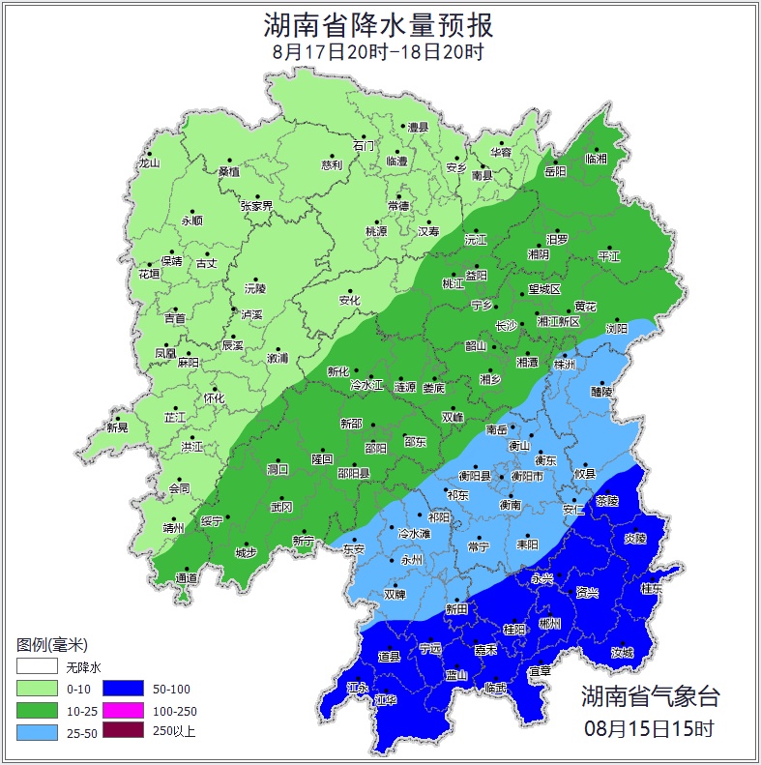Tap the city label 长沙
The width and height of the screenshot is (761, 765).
tap(506, 326)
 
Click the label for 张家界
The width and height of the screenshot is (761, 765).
tap(256, 206)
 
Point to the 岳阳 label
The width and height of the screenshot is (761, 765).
tap(555, 171)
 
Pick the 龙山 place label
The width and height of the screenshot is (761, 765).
tap(148, 162)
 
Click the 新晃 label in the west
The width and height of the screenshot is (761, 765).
tap(117, 427)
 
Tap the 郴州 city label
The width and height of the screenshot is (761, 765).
tap(549, 624)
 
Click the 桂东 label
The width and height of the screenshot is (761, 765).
tap(652, 588)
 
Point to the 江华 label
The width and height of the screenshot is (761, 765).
tap(386, 698)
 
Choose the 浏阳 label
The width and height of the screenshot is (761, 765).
tap(616, 329)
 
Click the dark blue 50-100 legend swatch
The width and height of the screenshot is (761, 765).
tap(123, 689)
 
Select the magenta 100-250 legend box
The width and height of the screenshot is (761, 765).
tap(123, 710)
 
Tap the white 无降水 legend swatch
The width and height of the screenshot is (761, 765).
tap(36, 667)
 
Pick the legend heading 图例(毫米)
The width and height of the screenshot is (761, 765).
tap(52, 645)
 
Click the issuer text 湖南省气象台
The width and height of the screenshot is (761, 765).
tap(650, 695)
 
